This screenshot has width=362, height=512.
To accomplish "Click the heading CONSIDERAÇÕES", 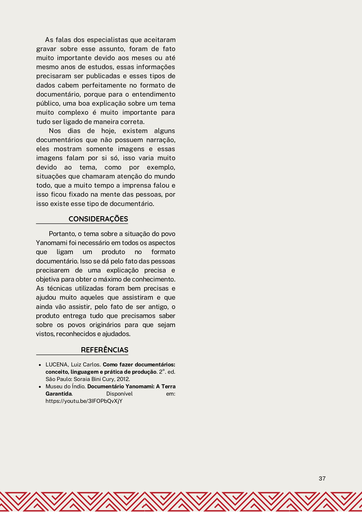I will [x=98, y=219].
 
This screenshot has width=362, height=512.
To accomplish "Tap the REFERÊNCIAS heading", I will [x=105, y=350].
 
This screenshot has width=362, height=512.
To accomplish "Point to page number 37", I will [x=322, y=478].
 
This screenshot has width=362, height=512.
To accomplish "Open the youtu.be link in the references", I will [x=84, y=401].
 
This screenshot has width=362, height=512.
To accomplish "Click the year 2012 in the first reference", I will [x=123, y=379].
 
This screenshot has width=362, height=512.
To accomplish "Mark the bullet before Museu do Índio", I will [x=40, y=387].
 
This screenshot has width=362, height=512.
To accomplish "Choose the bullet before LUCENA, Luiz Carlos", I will [x=40, y=365].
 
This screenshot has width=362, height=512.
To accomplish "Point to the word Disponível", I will [x=119, y=394].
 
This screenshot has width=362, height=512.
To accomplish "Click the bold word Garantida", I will [x=58, y=394].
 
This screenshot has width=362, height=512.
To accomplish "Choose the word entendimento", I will [x=154, y=95].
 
